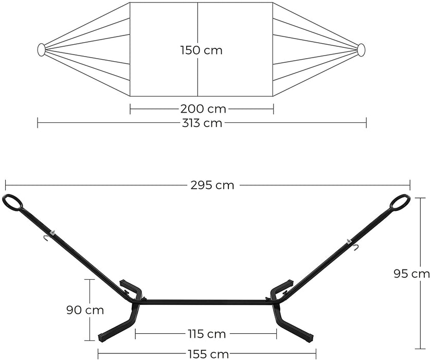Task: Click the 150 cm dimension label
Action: pyautogui.click(x=201, y=50)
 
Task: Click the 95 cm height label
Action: pyautogui.click(x=416, y=274)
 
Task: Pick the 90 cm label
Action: pyautogui.click(x=85, y=310)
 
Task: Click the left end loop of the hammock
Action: pyautogui.click(x=41, y=49)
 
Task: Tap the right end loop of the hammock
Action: pyautogui.click(x=361, y=49)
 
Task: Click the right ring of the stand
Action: pyautogui.click(x=400, y=202)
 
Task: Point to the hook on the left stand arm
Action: pyautogui.click(x=47, y=237)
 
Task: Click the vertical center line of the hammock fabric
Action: pyautogui.click(x=198, y=77)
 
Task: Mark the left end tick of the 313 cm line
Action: pyautogui.click(x=38, y=123)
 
